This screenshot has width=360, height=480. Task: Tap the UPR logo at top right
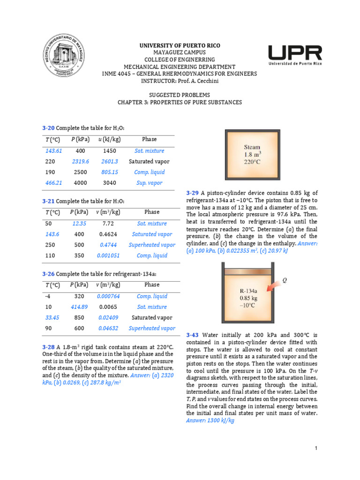[295, 55]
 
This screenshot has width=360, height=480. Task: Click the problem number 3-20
[48, 128]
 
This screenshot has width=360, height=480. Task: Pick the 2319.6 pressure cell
[81, 161]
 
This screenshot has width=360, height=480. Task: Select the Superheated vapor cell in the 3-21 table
[152, 245]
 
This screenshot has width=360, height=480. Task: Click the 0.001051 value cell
[108, 255]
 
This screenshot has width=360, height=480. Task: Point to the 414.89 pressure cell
[80, 307]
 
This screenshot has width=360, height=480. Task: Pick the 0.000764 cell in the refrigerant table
[108, 296]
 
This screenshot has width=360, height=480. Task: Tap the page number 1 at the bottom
[316, 449]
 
